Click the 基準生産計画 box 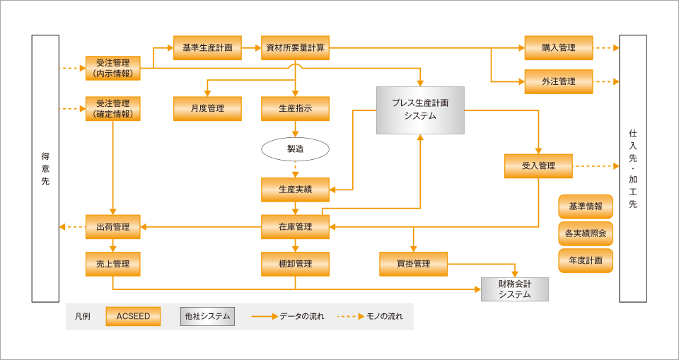tap(207, 48)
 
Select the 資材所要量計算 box tap(295, 48)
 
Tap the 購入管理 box tap(558, 48)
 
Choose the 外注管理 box tap(558, 81)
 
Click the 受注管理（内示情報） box tap(113, 68)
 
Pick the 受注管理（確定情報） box tap(113, 108)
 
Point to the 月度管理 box tap(207, 108)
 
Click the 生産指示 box tap(295, 108)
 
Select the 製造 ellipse tap(295, 149)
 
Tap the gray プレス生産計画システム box tap(420, 110)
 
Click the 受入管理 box tap(538, 166)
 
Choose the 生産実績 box tap(295, 190)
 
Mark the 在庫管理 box tap(295, 227)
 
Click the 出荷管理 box tap(113, 227)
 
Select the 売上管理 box tap(113, 264)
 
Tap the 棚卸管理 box tap(295, 264)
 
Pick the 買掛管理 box tap(413, 264)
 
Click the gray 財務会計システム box tap(514, 289)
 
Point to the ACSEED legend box tap(133, 316)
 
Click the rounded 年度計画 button tap(585, 260)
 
